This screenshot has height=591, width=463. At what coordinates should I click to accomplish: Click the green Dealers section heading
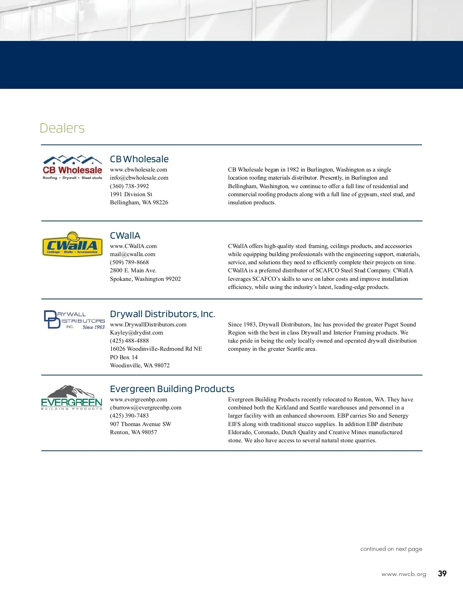tap(62, 128)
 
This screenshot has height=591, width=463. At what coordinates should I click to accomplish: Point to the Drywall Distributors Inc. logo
tap(74, 320)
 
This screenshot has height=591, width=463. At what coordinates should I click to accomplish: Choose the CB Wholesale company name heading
tap(139, 159)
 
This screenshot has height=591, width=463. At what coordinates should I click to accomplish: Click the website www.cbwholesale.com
tap(139, 170)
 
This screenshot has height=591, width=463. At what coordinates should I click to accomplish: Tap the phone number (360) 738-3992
tap(129, 186)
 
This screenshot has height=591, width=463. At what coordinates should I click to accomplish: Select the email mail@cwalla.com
tap(132, 254)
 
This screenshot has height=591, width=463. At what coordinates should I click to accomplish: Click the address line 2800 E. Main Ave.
tap(133, 270)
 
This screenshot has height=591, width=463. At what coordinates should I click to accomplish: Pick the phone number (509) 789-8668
tap(129, 262)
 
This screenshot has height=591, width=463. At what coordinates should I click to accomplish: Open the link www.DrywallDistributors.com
tap(148, 324)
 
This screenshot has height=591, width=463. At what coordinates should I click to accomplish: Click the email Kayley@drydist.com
tap(136, 333)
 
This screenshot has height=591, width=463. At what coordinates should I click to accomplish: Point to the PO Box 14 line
tap(123, 357)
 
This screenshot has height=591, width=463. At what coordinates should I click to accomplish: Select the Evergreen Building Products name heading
tap(172, 389)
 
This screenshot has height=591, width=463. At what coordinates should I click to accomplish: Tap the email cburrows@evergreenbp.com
tap(145, 408)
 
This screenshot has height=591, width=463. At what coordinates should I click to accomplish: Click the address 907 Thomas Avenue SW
tap(140, 424)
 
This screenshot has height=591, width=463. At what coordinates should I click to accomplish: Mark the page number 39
tap(442, 574)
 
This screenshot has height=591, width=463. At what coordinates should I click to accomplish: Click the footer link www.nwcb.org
tap(404, 574)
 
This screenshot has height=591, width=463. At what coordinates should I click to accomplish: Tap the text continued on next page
tap(391, 549)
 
